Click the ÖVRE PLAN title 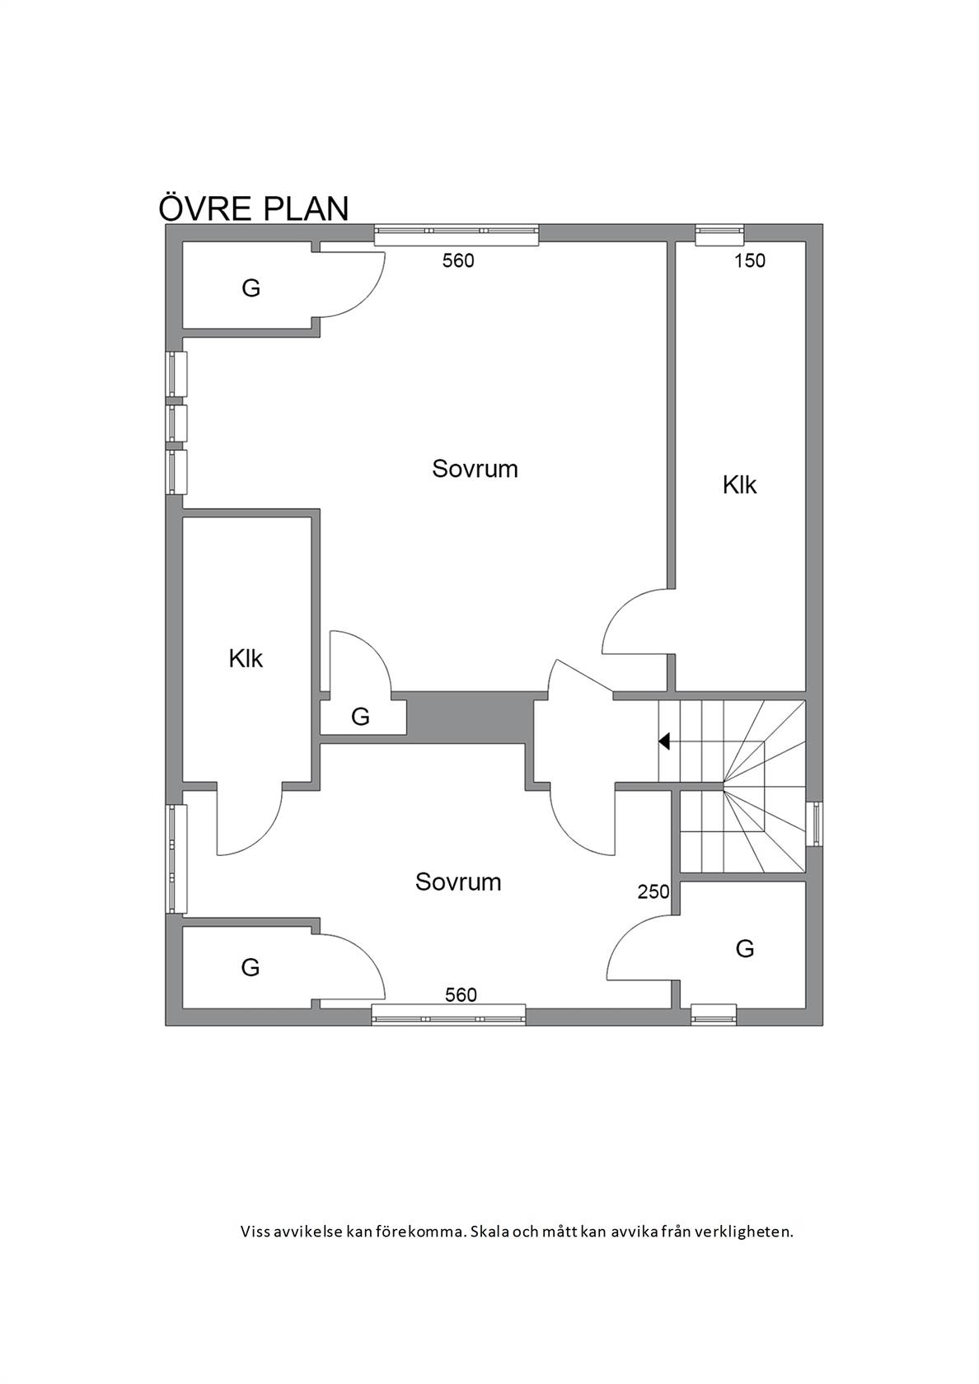tap(254, 208)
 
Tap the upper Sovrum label tap(475, 469)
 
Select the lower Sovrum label tap(458, 881)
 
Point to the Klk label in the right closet tap(739, 485)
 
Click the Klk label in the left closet tap(246, 659)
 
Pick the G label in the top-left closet tap(251, 288)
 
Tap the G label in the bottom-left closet tap(251, 967)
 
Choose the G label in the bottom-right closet tap(745, 948)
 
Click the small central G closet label tap(360, 717)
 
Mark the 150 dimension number tap(750, 260)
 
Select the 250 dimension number tap(654, 891)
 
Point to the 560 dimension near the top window tap(458, 260)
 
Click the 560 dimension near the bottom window tap(461, 995)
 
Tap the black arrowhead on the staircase tap(664, 741)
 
